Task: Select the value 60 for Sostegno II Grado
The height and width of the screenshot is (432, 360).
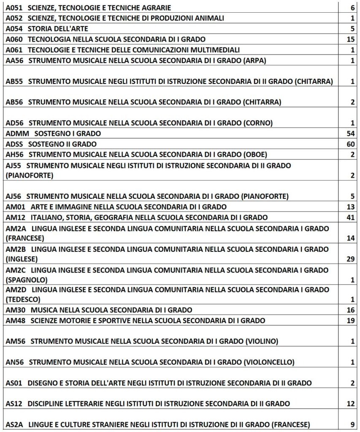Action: (x=350, y=144)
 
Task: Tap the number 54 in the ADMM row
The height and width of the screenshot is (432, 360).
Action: (x=350, y=134)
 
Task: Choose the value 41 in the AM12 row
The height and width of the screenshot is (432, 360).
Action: (x=350, y=218)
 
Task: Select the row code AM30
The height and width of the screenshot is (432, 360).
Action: (x=16, y=310)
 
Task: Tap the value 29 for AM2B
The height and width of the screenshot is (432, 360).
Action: (x=350, y=259)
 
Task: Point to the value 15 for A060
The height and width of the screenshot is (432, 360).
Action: (x=350, y=40)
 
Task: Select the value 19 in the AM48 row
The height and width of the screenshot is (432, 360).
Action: (x=350, y=321)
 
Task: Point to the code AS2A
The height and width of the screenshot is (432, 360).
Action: (x=15, y=424)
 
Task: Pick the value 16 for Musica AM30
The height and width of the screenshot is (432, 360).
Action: (x=350, y=310)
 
